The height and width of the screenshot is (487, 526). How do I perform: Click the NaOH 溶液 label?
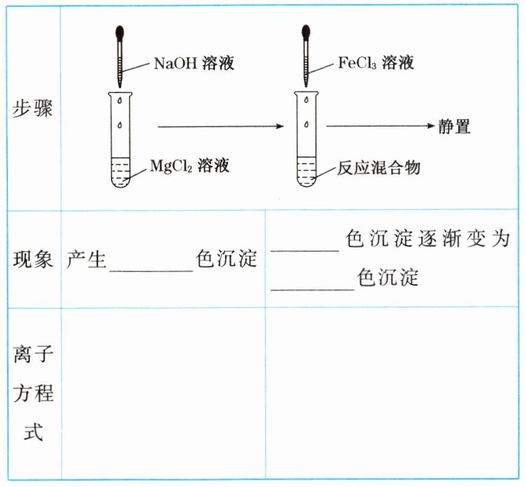pos(194,63)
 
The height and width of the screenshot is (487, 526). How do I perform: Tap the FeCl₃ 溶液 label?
pos(376,62)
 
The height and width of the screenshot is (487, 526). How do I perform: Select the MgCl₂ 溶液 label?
pos(189,165)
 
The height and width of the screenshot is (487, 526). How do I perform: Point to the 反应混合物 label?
pos(379,167)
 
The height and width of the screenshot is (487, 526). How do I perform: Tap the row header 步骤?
pos(33,109)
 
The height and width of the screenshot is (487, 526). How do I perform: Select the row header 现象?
pos(33,259)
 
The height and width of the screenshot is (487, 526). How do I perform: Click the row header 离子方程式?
pos(33,394)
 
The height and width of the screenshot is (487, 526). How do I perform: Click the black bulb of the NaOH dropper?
pos(120,31)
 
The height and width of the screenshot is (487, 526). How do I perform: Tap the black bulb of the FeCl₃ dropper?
pos(305,31)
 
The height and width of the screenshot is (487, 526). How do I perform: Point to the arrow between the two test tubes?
pos(220,127)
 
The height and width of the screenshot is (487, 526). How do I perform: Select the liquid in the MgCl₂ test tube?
pos(120,173)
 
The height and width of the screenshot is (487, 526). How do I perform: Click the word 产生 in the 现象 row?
pos(87,259)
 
